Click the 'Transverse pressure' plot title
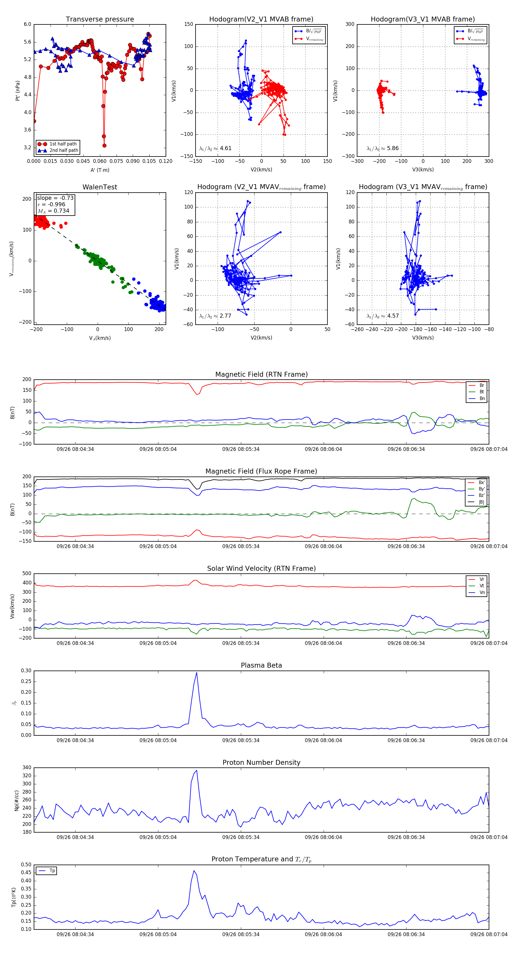point(100,19)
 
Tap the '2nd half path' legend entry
point(64,151)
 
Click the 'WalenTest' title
point(100,187)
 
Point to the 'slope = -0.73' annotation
point(55,198)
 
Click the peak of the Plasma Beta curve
point(196,673)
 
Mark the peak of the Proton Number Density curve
point(196,771)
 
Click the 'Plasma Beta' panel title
point(261,666)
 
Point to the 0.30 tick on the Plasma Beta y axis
point(26,671)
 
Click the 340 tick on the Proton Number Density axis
point(27,768)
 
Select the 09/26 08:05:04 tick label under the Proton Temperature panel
point(158,934)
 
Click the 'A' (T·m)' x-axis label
point(100,170)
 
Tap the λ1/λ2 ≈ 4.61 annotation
point(215,148)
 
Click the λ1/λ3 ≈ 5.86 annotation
point(382,148)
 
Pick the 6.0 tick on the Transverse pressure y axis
point(28,24)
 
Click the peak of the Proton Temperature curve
point(194,871)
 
